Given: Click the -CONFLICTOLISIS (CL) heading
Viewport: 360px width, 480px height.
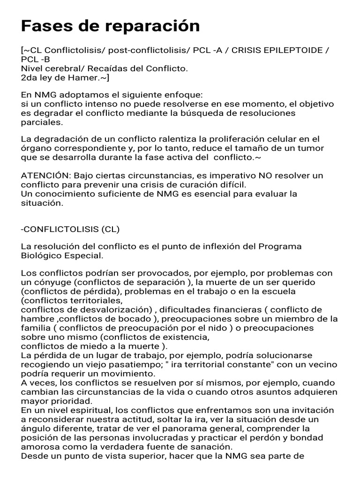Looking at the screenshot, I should (70, 229).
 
